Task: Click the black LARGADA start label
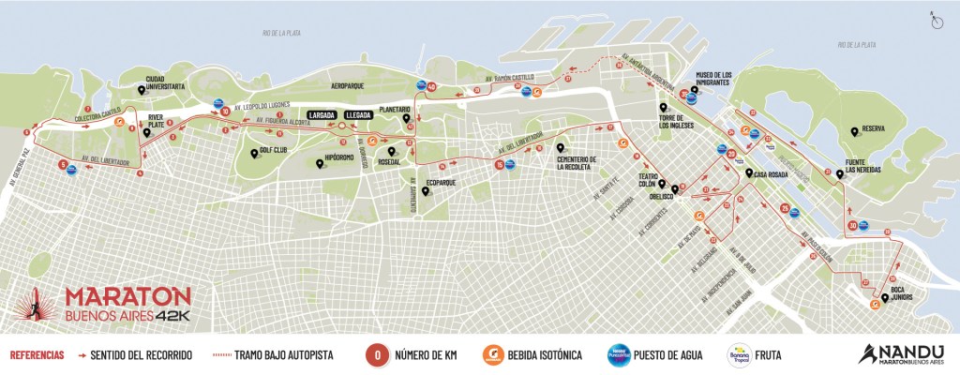pos(322,115)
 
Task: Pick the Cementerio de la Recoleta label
pos(578,162)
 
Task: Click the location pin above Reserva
pos(853,131)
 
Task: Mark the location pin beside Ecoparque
pos(427,191)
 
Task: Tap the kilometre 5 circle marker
pos(63,166)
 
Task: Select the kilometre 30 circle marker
pos(852,225)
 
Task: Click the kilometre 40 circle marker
pos(431,86)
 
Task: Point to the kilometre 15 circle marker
pos(500,165)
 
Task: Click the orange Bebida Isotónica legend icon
pos(488,355)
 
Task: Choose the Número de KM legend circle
pos(375,355)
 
